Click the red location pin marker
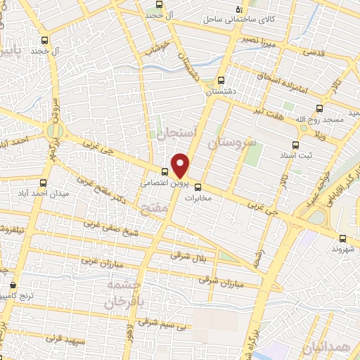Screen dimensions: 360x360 (181, 165)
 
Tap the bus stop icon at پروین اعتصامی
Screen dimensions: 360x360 (165, 172)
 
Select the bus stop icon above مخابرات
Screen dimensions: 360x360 (198, 187)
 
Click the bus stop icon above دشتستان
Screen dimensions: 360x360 (221, 80)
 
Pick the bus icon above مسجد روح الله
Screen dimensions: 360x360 (321, 108)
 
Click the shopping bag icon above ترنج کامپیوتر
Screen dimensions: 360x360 (15, 286)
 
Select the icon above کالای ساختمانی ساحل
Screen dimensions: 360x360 (239, 9)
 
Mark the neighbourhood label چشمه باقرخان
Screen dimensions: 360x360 (128, 293)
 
